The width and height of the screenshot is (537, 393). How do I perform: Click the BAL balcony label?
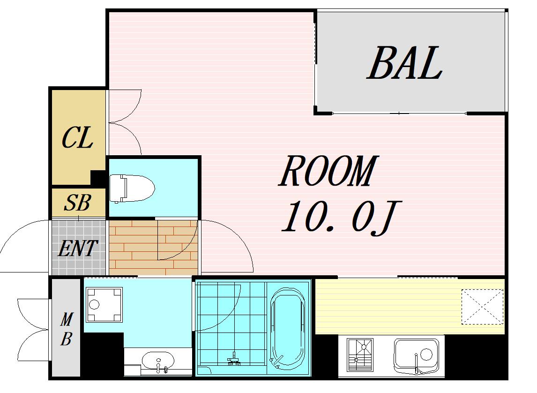pos(405,63)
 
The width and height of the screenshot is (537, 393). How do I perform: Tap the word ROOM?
pos(328,171)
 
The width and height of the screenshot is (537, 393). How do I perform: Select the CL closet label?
pos(77,137)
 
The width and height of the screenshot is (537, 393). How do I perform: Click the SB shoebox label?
pos(77,203)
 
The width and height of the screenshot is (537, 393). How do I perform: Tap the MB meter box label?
pos(67,329)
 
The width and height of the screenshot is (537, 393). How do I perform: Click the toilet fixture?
pos(132,188)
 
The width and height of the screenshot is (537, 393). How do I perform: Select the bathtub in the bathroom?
pos(288,329)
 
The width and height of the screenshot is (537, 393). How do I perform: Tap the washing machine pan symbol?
pos(104,305)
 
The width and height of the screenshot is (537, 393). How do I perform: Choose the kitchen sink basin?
pos(416,356)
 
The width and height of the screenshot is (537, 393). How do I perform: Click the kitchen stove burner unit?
pos(359,355)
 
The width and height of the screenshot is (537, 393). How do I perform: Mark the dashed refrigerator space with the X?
pos(482,307)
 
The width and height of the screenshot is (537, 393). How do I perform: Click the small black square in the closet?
pos(98,178)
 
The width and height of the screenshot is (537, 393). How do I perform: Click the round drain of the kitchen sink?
pos(426,354)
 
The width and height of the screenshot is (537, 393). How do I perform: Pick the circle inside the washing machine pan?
pos(94,305)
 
